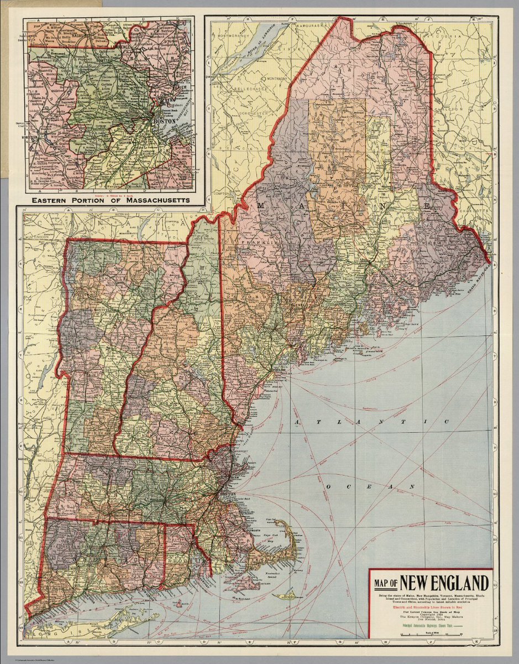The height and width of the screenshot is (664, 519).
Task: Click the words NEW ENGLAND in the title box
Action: (x=444, y=583)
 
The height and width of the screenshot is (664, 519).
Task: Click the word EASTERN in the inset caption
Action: (x=53, y=200)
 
